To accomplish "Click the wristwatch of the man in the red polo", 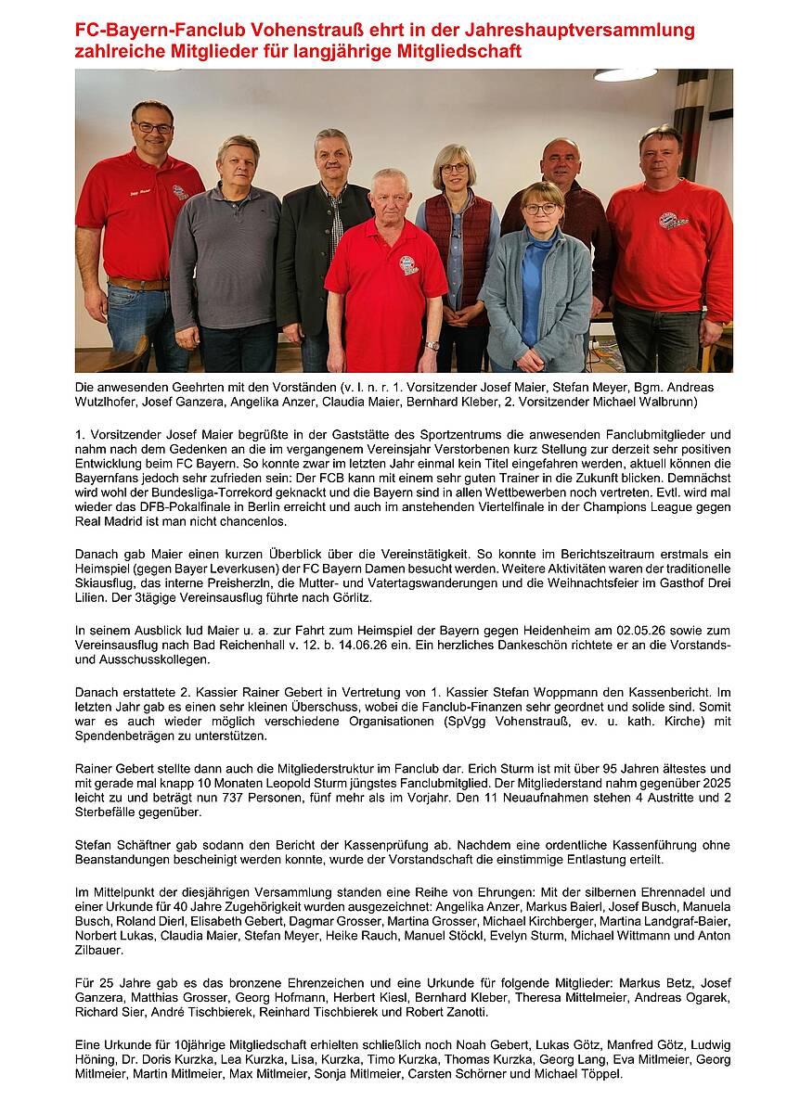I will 432,345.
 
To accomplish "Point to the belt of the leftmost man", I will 138,283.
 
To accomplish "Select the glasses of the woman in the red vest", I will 454,168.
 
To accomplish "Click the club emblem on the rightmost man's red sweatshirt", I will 672,223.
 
